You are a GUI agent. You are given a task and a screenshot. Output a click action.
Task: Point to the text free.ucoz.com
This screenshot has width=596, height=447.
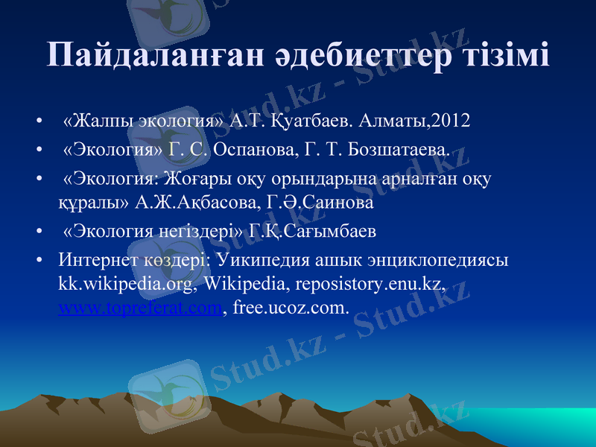click(291, 306)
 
